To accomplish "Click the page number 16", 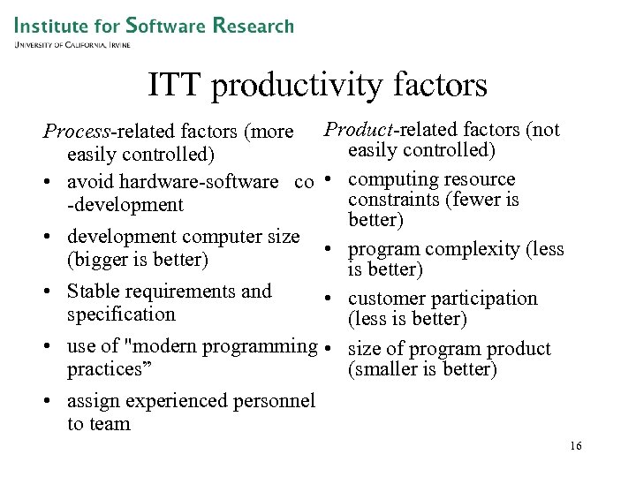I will click(575, 447).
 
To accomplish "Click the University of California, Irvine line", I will click(72, 44).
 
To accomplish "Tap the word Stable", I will click(95, 291).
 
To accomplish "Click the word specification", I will click(121, 314).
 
